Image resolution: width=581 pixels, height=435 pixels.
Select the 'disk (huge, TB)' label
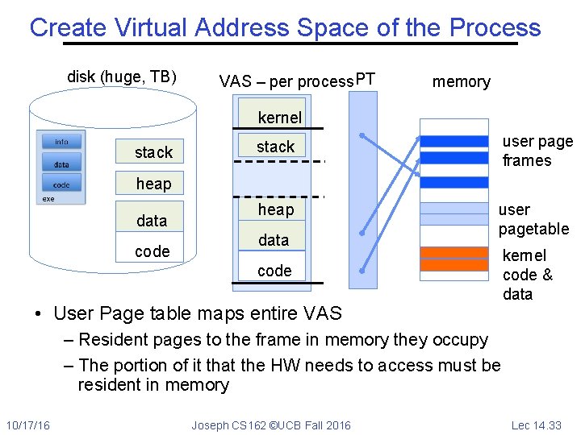click(x=122, y=77)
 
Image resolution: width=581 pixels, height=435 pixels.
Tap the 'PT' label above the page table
click(x=366, y=79)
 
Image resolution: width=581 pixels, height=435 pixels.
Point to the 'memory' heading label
click(x=461, y=81)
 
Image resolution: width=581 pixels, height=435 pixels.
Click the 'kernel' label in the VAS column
click(x=279, y=118)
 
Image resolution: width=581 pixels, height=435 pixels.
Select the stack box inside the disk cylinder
click(x=153, y=152)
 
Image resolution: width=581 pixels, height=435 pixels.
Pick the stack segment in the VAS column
click(x=276, y=147)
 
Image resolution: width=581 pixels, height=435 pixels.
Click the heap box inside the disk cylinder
click(x=153, y=184)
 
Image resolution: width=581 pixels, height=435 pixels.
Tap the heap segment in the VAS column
click(x=276, y=209)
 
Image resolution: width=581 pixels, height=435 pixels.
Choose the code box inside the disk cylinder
click(x=153, y=251)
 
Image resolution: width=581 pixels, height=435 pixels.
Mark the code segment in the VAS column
click(x=274, y=271)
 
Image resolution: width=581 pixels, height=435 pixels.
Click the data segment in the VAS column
click(x=274, y=240)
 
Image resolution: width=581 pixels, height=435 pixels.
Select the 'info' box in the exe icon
click(x=61, y=142)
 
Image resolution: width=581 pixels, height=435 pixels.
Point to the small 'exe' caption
click(x=48, y=199)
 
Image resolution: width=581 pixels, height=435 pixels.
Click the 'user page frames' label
click(x=537, y=151)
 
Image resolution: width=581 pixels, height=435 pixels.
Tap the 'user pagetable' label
click(x=533, y=219)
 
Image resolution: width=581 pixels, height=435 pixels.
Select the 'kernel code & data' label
click(x=527, y=275)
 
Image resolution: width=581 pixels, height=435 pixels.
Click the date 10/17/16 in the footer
click(x=28, y=425)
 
